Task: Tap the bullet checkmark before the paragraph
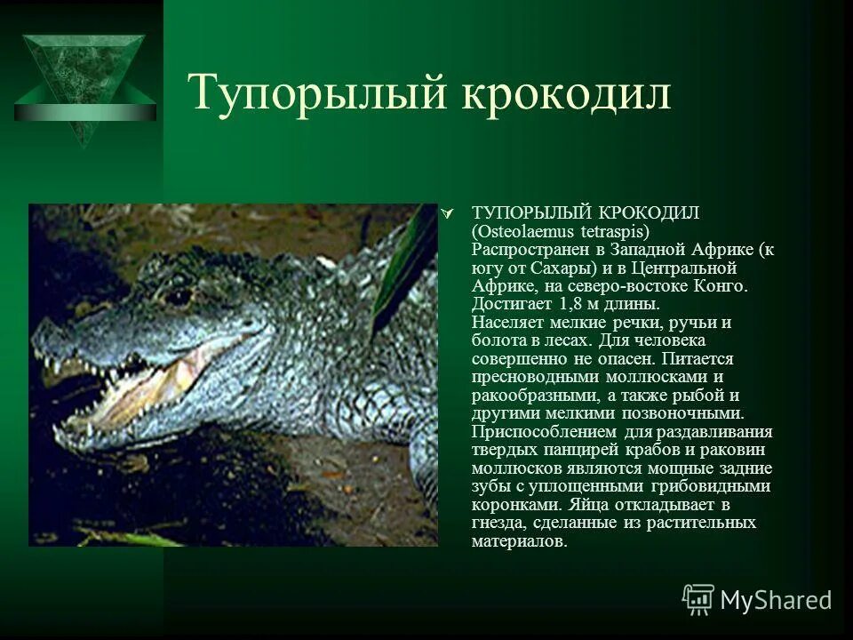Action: [x=449, y=213]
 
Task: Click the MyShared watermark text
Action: [x=776, y=600]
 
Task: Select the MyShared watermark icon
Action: [x=698, y=599]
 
